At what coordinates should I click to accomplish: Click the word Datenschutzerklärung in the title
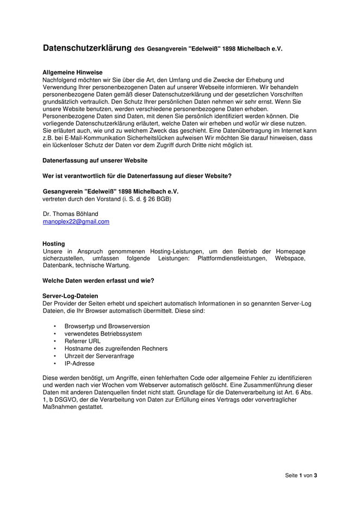coord(87,48)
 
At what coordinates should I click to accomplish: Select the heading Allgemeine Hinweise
coord(72,72)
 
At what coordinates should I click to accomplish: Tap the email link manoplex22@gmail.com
coord(76,222)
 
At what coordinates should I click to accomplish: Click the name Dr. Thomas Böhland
coord(71,214)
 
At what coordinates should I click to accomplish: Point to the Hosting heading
coord(53,244)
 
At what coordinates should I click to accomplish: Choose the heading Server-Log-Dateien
coord(70,296)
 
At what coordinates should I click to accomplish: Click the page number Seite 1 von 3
coord(301,475)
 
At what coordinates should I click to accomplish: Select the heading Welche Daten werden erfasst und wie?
coord(98,281)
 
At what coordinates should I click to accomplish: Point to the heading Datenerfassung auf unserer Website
coord(95,161)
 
